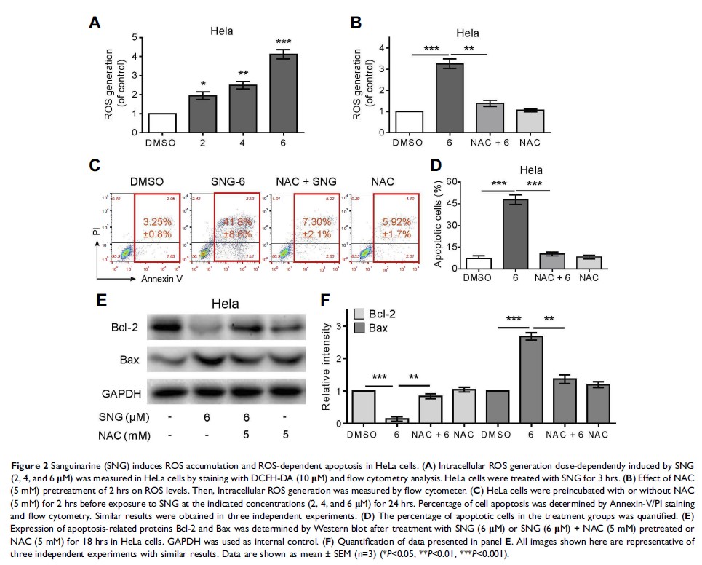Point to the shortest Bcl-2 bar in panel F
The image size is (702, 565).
(396, 420)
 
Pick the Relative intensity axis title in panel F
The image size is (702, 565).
(328, 368)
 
